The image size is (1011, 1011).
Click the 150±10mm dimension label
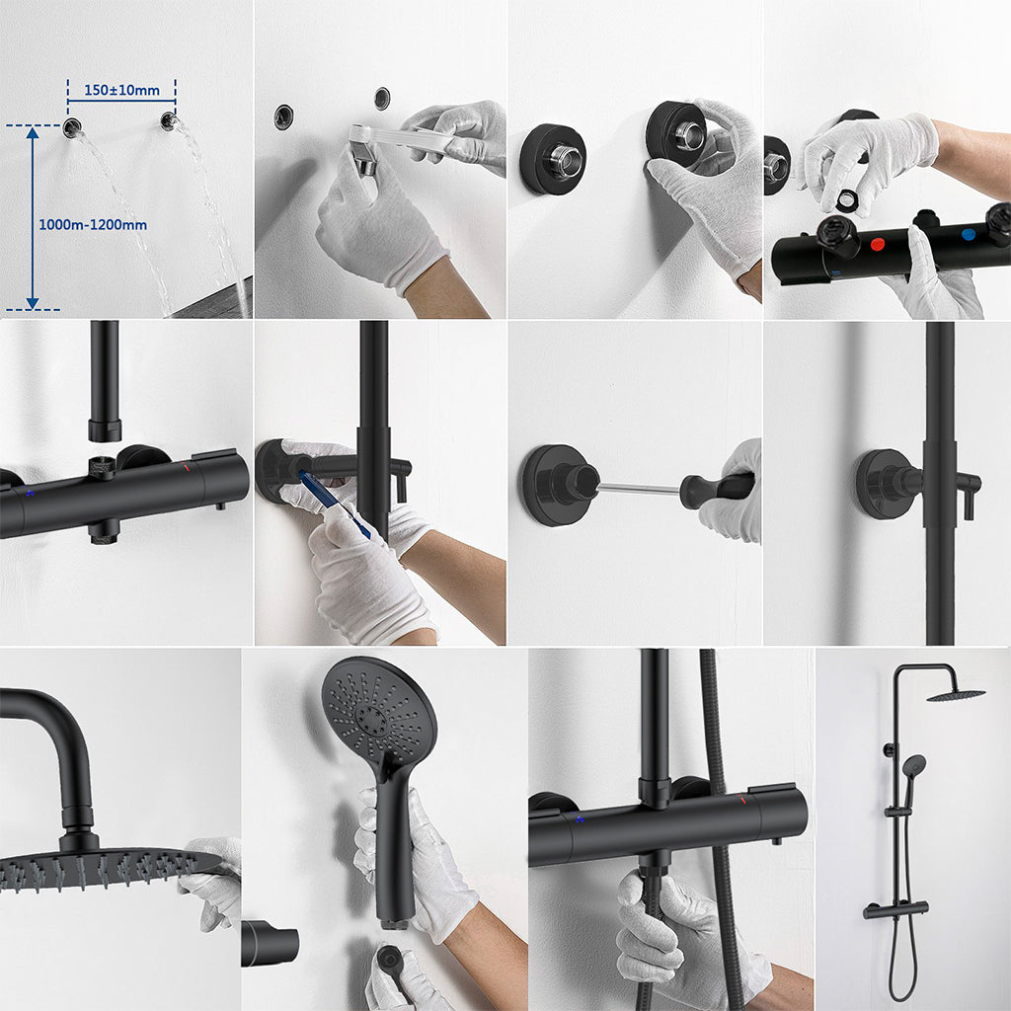[121, 90]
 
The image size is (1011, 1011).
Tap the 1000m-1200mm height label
[93, 225]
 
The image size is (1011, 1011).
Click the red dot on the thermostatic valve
[878, 244]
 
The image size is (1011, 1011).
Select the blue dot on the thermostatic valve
[968, 235]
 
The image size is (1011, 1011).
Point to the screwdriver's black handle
[717, 490]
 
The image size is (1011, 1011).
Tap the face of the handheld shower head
[378, 710]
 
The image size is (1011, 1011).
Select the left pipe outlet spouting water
[71, 127]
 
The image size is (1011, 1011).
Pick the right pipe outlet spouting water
[169, 120]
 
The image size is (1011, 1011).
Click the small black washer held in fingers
[846, 199]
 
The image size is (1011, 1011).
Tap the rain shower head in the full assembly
[956, 694]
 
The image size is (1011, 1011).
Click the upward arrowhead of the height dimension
[33, 133]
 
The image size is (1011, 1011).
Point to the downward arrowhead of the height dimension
[33, 302]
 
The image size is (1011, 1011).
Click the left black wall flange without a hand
[553, 159]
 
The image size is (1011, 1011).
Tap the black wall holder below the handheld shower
[270, 944]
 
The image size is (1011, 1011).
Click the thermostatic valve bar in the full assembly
[895, 909]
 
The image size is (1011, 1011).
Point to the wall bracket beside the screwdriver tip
[560, 485]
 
